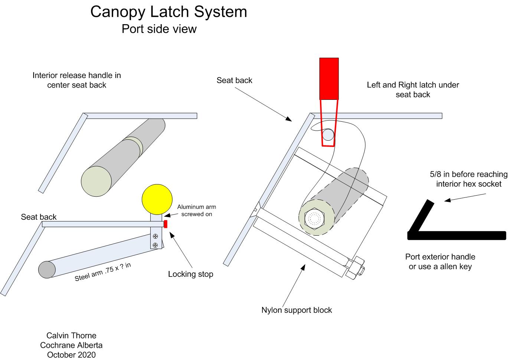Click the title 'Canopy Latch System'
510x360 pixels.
169,12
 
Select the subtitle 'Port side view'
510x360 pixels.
159,29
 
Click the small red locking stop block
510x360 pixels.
166,224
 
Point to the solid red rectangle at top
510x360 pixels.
329,78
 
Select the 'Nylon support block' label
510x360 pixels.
297,310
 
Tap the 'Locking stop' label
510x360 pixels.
190,274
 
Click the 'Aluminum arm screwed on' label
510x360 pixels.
196,210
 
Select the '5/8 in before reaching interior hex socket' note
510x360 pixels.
468,179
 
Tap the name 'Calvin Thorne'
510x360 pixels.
71,336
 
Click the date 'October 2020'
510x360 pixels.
71,355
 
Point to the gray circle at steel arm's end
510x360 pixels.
47,269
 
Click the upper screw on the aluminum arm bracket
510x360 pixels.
155,236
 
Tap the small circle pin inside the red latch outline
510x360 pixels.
328,134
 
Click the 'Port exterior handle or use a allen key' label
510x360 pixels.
440,262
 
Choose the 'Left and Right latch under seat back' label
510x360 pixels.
413,89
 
